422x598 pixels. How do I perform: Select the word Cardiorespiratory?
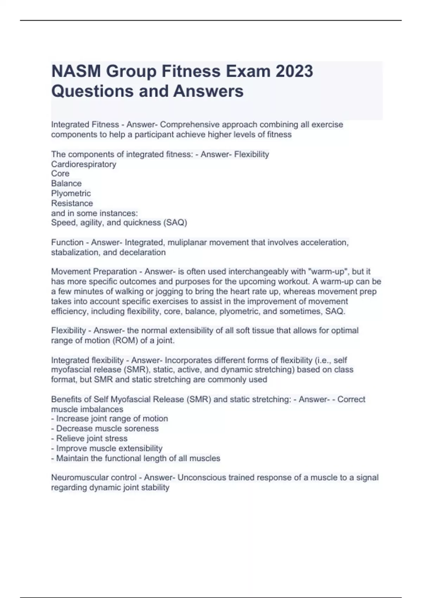point(84,164)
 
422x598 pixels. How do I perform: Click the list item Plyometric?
point(71,193)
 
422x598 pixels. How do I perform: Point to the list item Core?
point(60,174)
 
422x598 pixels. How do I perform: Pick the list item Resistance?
point(72,203)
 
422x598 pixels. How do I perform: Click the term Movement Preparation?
point(94,272)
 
